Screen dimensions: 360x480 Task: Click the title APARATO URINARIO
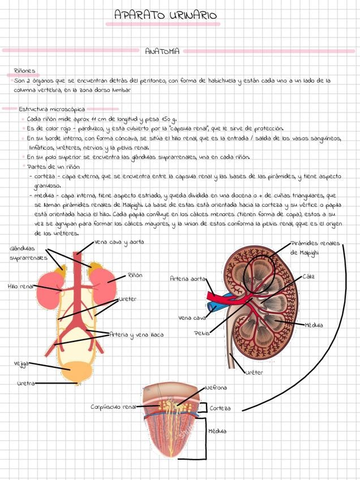pyautogui.click(x=165, y=15)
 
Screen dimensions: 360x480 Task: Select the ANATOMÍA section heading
pyautogui.click(x=162, y=52)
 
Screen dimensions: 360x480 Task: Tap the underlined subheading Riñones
pyautogui.click(x=24, y=71)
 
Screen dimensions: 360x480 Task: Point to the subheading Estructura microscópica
pyautogui.click(x=52, y=109)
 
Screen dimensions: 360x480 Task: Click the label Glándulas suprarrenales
pyautogui.click(x=23, y=253)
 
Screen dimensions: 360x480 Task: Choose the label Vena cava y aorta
pyautogui.click(x=119, y=242)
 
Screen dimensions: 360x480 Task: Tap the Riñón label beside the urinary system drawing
pyautogui.click(x=135, y=275)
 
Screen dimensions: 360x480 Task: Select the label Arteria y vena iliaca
pyautogui.click(x=136, y=335)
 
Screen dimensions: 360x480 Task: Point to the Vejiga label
pyautogui.click(x=20, y=363)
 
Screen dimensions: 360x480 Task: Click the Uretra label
pyautogui.click(x=25, y=383)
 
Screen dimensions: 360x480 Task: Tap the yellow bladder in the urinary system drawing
pyautogui.click(x=75, y=372)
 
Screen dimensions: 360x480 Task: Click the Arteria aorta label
pyautogui.click(x=187, y=278)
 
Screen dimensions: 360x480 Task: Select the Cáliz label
pyautogui.click(x=309, y=276)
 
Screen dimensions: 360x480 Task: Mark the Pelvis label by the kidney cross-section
pyautogui.click(x=202, y=333)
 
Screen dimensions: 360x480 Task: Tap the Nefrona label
pyautogui.click(x=216, y=388)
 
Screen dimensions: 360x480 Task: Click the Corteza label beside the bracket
pyautogui.click(x=220, y=408)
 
